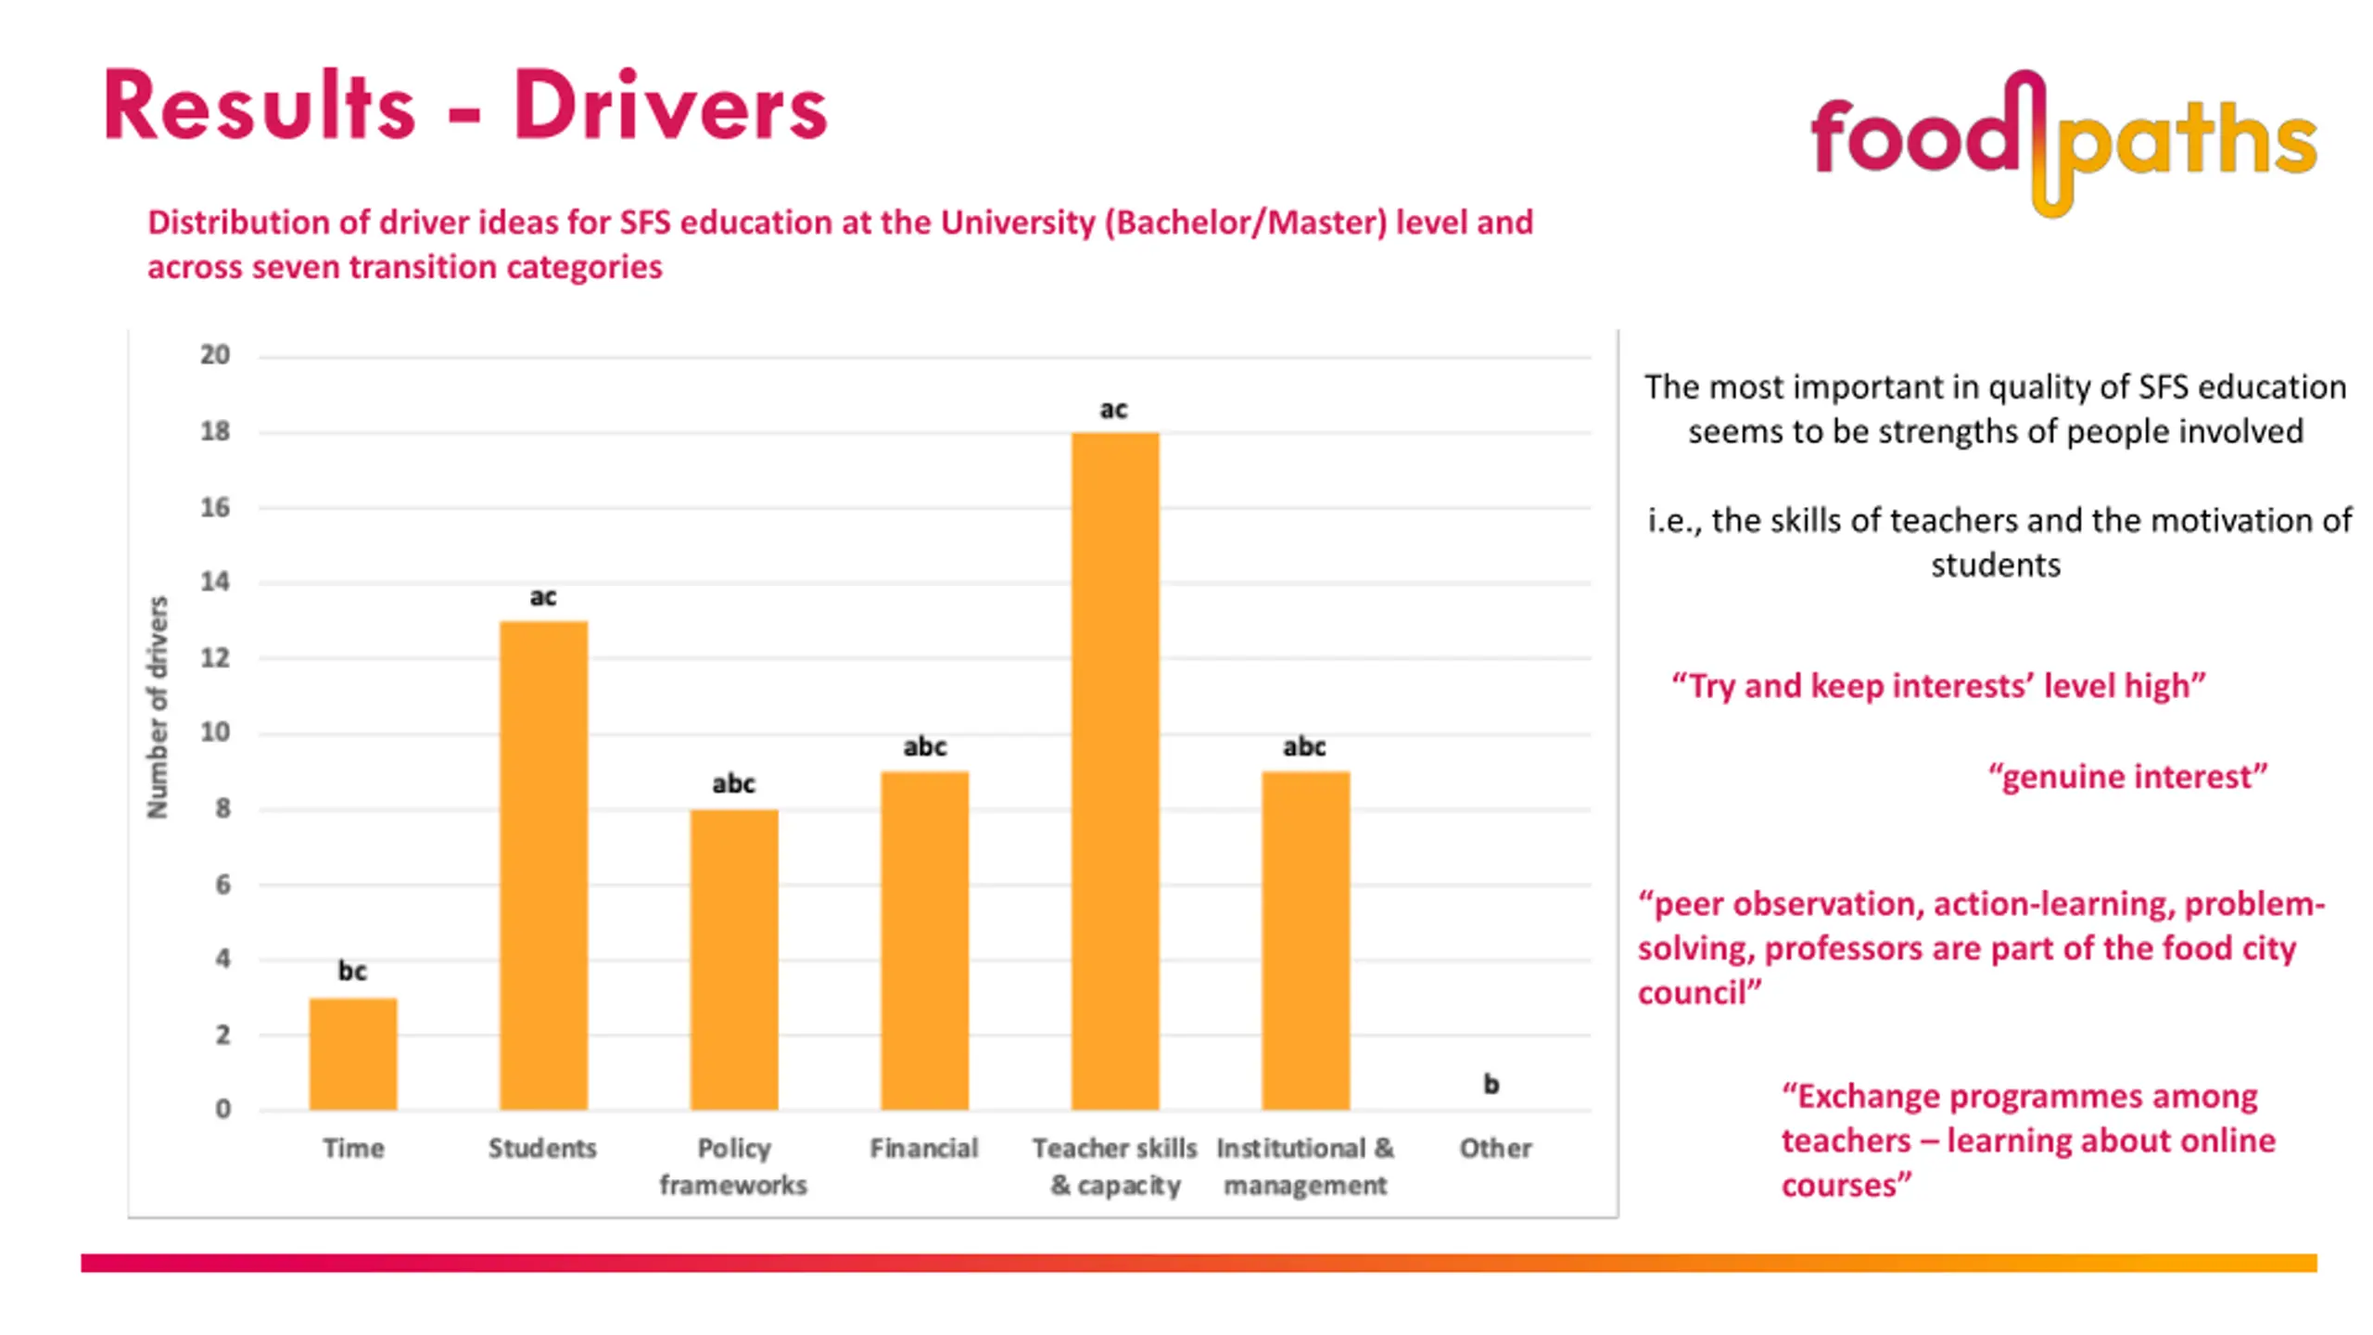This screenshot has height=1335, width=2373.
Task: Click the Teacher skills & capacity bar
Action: (x=1115, y=771)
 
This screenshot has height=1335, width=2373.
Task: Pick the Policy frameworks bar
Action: (x=733, y=960)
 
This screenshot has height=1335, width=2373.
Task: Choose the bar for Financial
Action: (x=924, y=940)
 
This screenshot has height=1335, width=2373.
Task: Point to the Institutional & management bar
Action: (x=1305, y=940)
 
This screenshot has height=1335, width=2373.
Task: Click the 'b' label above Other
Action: (x=1491, y=1083)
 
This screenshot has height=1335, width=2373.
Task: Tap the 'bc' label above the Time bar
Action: (x=352, y=971)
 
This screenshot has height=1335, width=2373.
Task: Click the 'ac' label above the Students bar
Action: (x=543, y=596)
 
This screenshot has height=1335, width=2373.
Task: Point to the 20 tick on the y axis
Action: (x=215, y=355)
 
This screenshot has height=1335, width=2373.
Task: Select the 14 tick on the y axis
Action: (x=215, y=582)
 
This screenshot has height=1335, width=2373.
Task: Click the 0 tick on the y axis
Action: (x=222, y=1109)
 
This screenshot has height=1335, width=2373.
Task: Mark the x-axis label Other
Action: (x=1495, y=1148)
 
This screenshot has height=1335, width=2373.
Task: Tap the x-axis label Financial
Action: (x=924, y=1148)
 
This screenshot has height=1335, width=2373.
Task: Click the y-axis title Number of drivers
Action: (x=159, y=707)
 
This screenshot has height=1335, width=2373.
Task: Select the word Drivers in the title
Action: (x=670, y=107)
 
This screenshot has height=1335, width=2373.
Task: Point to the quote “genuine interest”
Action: (x=2127, y=776)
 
